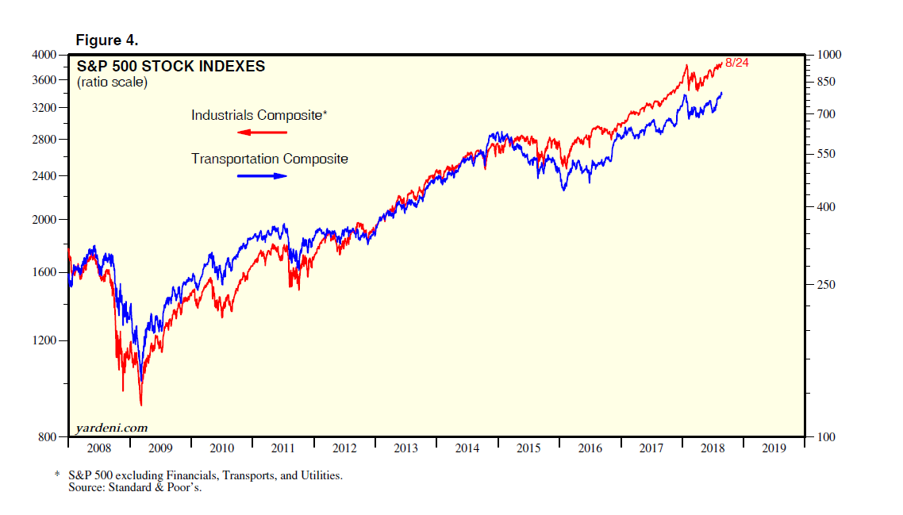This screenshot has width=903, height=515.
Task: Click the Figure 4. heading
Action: [107, 40]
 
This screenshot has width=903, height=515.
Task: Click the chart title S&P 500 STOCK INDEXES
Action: [171, 67]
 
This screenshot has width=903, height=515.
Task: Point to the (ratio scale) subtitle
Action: [112, 82]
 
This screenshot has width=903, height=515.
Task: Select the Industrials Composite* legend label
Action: [259, 115]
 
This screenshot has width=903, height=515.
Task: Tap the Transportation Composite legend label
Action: [270, 159]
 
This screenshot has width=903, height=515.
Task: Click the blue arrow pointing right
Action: [262, 175]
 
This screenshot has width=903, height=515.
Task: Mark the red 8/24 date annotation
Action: [737, 62]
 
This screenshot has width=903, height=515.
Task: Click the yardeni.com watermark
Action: [112, 428]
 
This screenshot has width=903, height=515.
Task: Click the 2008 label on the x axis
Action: [99, 448]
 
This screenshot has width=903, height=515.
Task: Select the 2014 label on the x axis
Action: [467, 448]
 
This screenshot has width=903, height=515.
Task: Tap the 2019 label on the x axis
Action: [774, 448]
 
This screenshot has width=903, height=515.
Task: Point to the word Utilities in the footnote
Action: [317, 475]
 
